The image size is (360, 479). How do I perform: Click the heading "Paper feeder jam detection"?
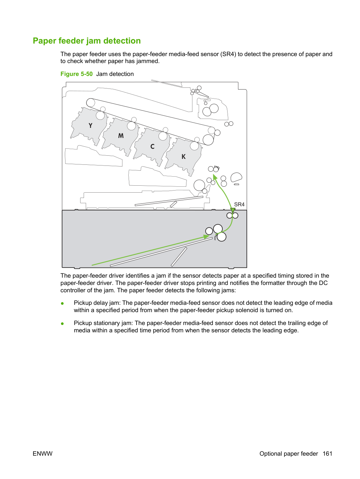point(87,41)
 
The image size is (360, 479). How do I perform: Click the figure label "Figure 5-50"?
point(76,74)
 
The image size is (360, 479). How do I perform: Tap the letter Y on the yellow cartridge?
point(90,125)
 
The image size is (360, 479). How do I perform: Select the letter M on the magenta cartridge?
point(121,136)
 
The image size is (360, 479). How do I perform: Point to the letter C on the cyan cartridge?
point(152,146)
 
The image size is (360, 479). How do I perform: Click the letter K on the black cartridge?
point(184,156)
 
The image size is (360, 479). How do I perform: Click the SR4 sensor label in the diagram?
point(239,204)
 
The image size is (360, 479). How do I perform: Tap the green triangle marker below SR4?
point(233,210)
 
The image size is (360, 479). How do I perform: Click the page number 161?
point(328,454)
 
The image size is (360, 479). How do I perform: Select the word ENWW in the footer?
point(43,454)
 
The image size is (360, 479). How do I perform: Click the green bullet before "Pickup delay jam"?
point(62,303)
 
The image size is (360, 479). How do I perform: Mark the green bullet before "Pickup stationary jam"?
point(62,324)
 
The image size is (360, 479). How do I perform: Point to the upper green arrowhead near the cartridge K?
point(215,177)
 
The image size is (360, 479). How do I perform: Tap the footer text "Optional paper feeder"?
point(289,454)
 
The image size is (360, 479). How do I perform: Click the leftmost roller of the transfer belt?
point(91,103)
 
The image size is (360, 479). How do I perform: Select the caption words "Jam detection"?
point(115,74)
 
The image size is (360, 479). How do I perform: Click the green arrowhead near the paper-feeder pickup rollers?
point(206,237)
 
